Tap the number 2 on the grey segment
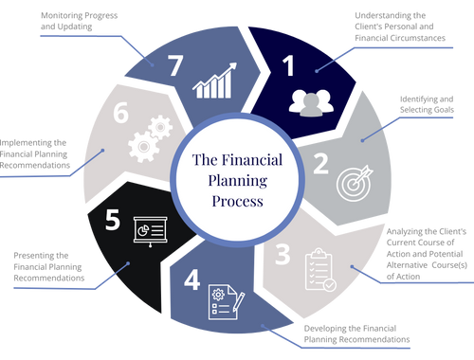click(320, 163)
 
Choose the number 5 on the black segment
click(113, 221)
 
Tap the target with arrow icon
click(352, 184)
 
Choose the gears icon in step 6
click(148, 136)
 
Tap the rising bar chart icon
click(214, 82)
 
